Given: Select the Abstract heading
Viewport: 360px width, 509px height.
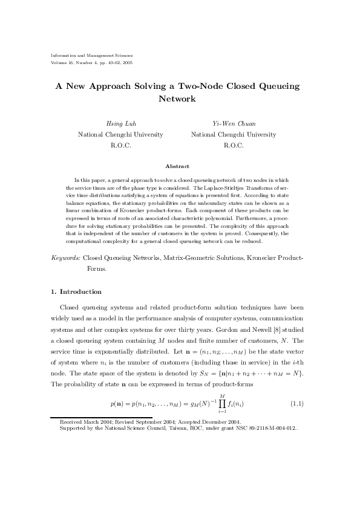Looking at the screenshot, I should pyautogui.click(x=177, y=166).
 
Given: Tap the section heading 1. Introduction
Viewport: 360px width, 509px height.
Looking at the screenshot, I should pyautogui.click(x=77, y=291).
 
